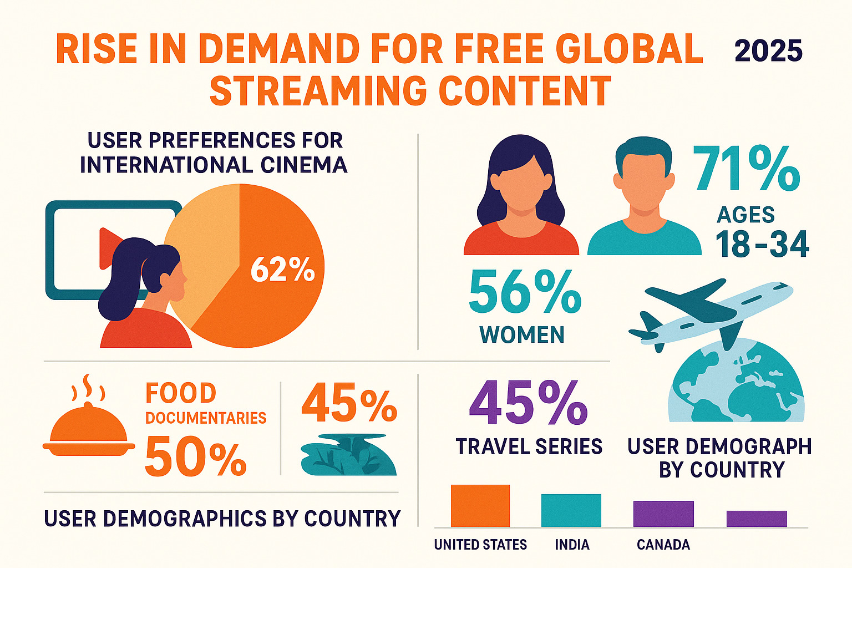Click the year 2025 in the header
[768, 51]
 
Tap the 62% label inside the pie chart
[282, 270]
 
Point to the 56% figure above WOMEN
[525, 292]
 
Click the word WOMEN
[522, 335]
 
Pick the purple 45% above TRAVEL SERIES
[528, 403]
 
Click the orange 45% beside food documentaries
[349, 404]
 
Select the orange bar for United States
[480, 506]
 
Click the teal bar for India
[571, 510]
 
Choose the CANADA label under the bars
[663, 545]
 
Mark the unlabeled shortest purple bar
[757, 519]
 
